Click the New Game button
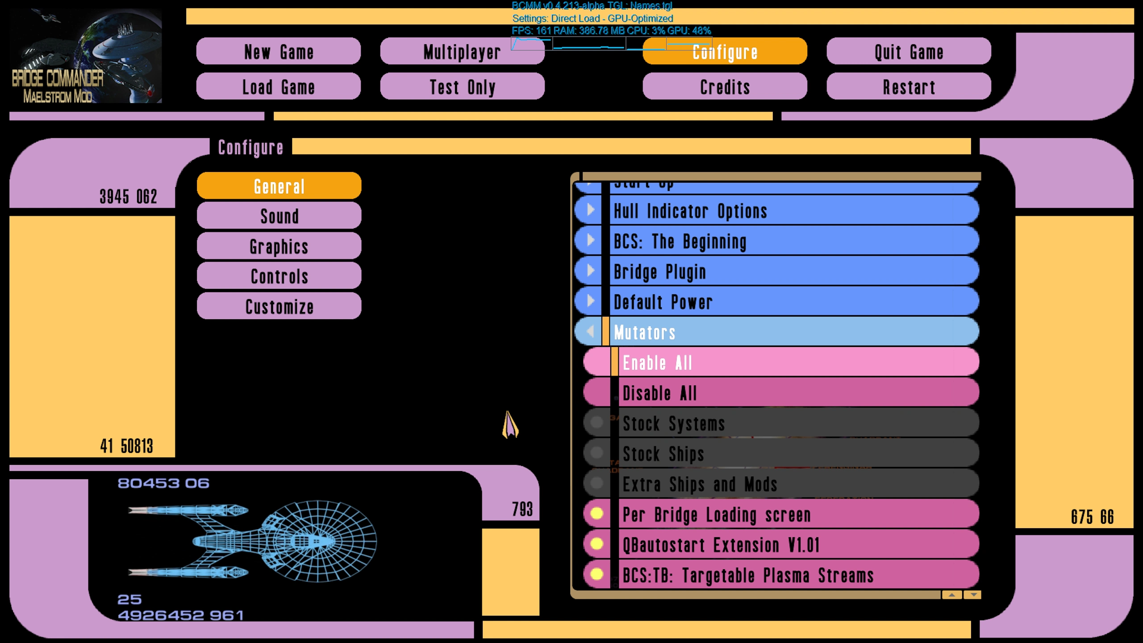click(278, 52)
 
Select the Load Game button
click(278, 87)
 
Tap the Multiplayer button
click(462, 52)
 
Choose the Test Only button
click(462, 87)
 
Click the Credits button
click(724, 87)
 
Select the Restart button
click(908, 87)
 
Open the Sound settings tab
click(279, 216)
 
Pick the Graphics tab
click(279, 246)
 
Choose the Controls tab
click(279, 276)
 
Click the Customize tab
click(279, 306)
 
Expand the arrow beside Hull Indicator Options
click(590, 210)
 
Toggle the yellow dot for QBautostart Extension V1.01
click(597, 544)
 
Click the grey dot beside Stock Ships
click(597, 453)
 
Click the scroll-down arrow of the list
click(973, 595)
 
